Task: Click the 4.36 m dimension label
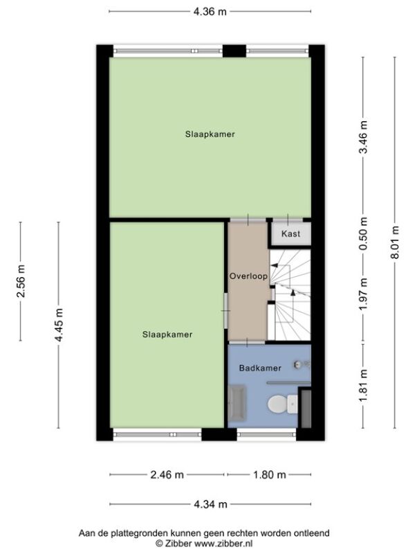click(x=210, y=12)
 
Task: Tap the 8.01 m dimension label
click(x=395, y=242)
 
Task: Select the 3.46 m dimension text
click(x=363, y=137)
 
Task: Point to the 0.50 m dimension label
click(x=363, y=233)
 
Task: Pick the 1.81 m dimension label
click(x=363, y=386)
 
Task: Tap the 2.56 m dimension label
click(x=21, y=281)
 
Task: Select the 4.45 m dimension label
click(x=59, y=325)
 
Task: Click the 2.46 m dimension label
click(x=167, y=474)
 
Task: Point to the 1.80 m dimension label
click(x=269, y=474)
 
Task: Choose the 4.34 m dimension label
click(x=210, y=504)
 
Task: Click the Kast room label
click(x=290, y=233)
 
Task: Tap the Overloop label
click(x=248, y=276)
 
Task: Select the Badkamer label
click(x=260, y=368)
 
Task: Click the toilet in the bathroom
click(x=283, y=404)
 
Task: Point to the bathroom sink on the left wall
click(x=237, y=403)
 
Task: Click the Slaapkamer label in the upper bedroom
click(x=210, y=134)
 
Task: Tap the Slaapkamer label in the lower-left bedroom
click(x=167, y=334)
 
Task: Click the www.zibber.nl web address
click(x=223, y=543)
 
